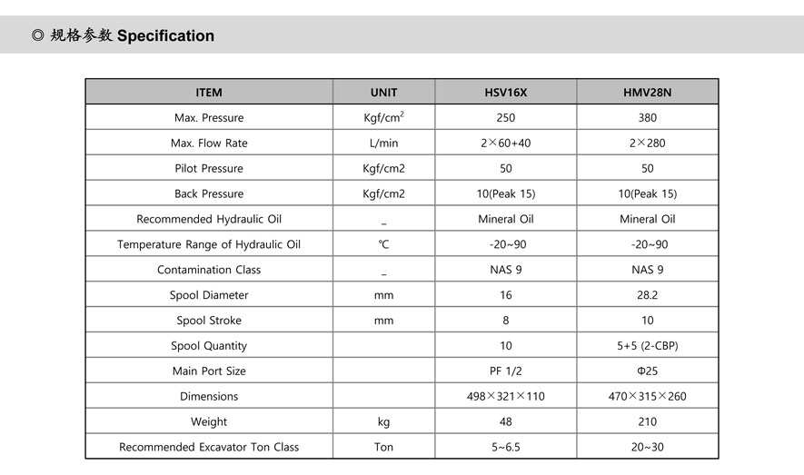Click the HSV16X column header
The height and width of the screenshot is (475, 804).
point(506,92)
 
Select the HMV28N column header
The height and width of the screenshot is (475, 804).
point(648,92)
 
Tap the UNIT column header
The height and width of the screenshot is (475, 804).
point(383,92)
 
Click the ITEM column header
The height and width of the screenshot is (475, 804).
point(209,92)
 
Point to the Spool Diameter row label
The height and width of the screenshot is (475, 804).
point(209,295)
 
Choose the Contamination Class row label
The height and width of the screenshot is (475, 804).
point(209,270)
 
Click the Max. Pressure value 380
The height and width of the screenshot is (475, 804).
point(648,117)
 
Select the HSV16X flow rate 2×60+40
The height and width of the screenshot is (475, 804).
point(506,143)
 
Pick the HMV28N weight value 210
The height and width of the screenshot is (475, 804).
point(648,421)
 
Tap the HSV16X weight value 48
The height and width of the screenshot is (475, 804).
point(506,421)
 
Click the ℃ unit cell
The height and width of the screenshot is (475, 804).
point(383,244)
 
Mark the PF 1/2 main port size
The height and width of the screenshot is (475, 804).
point(506,371)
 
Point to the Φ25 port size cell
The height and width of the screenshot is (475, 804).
point(648,371)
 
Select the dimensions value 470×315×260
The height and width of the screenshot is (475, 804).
point(648,396)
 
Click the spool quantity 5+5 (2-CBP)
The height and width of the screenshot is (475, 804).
point(648,345)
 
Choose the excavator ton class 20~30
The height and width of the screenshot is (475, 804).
point(648,447)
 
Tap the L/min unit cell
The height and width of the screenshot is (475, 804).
point(383,143)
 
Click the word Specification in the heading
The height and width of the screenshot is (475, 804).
point(165,36)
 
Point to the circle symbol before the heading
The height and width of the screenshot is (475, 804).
point(37,36)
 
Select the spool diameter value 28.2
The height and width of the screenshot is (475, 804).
point(648,295)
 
